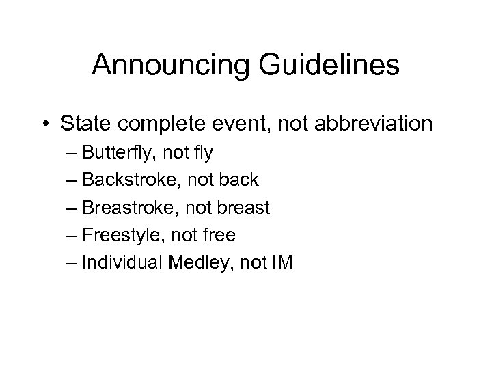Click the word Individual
tap(126, 263)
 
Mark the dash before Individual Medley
tap(74, 264)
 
